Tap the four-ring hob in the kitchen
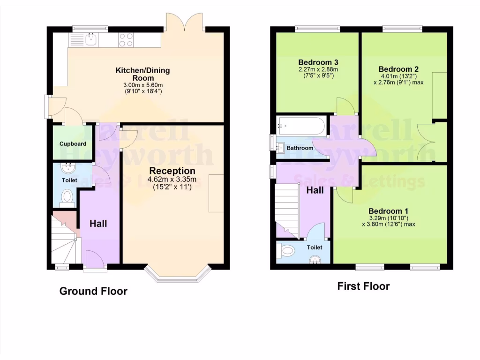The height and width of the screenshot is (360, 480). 126,40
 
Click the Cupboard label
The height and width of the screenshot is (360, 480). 73,143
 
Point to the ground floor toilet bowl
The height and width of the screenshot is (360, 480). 68,196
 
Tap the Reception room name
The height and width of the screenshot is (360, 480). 172,171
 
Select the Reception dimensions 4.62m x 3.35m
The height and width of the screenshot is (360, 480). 172,180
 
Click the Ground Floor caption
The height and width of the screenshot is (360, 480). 93,291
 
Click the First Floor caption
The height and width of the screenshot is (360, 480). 363,286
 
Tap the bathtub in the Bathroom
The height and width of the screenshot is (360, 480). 300,126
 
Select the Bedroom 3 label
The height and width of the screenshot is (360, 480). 318,62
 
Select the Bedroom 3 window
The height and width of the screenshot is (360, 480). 317,29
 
